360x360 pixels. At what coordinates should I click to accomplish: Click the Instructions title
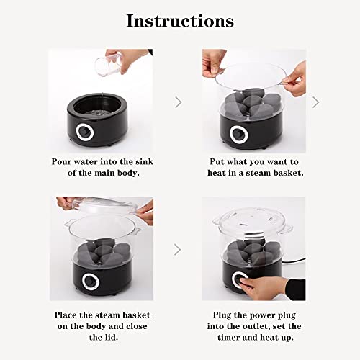[x=180, y=21]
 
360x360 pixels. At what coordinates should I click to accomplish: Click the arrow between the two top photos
[x=178, y=102]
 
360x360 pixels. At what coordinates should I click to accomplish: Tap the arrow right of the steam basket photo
[x=315, y=102]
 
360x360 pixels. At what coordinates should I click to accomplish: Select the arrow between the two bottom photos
[x=178, y=250]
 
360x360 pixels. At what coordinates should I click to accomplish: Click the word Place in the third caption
[x=68, y=315]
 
